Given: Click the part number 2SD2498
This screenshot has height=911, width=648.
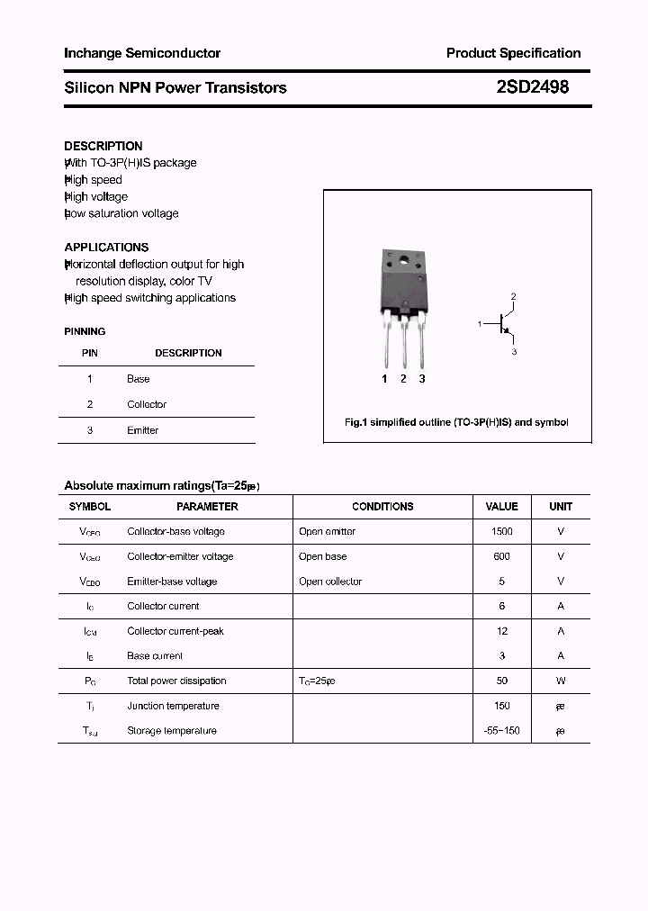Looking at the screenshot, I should click(x=532, y=87).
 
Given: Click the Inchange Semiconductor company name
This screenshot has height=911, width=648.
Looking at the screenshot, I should click(x=142, y=53).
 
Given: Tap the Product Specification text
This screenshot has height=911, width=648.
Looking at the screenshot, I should click(x=513, y=53).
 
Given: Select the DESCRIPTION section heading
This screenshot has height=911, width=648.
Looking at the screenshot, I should click(x=103, y=146).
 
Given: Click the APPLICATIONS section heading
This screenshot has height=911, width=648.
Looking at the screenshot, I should click(x=106, y=247).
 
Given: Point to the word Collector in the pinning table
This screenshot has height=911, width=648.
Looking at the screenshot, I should click(x=147, y=404).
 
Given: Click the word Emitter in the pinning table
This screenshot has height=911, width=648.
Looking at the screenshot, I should click(x=142, y=430).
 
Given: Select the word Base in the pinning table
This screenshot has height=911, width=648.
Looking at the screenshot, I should click(x=138, y=379).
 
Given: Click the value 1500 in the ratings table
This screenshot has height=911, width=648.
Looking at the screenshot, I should click(x=501, y=531).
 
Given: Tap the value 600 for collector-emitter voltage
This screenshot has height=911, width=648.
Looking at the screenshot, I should click(x=501, y=556).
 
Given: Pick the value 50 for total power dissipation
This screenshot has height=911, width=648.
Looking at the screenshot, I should click(x=501, y=681).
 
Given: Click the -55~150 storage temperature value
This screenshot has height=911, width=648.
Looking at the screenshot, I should click(x=501, y=730).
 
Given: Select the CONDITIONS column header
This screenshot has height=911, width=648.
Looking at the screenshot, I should click(x=382, y=507).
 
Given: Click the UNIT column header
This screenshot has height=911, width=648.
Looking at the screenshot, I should click(x=561, y=507).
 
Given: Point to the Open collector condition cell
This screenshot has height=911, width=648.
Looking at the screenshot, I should click(x=330, y=582).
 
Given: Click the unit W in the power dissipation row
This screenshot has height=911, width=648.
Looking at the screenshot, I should click(x=561, y=681).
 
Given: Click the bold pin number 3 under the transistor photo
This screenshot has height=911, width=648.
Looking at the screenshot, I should click(x=422, y=379).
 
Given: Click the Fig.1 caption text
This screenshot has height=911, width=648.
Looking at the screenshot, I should click(x=456, y=422).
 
